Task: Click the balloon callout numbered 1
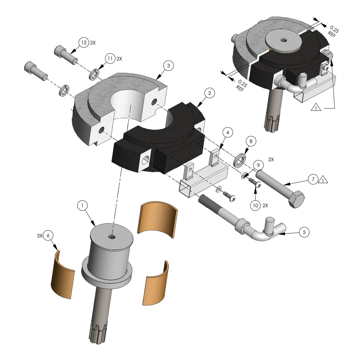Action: (82, 205)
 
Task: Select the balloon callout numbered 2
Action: (210, 93)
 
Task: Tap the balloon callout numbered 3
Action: (168, 66)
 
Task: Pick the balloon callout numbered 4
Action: (227, 133)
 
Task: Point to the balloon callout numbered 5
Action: (304, 232)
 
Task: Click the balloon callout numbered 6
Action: (48, 236)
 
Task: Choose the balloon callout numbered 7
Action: (313, 179)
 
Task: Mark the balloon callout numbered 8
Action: (251, 141)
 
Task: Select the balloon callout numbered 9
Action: (258, 165)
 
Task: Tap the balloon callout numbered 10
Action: (255, 205)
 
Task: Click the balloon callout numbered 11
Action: (110, 59)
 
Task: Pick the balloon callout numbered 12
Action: (84, 43)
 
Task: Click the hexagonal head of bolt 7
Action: (296, 200)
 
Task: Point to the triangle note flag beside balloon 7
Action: (323, 180)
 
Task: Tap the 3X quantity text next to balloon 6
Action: (39, 236)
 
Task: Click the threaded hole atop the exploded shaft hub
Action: (112, 236)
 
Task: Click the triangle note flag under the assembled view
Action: (316, 107)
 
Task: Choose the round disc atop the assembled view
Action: (283, 40)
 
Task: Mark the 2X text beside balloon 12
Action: (93, 43)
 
